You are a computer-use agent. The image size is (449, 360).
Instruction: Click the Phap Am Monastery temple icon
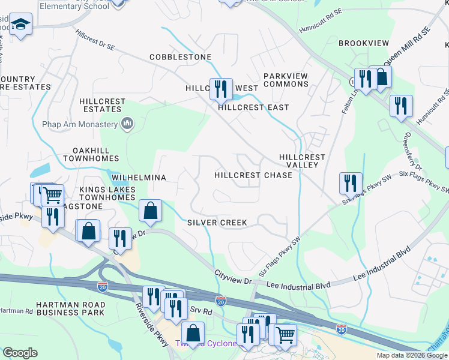click(x=127, y=124)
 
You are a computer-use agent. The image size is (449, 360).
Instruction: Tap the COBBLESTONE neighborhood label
click(x=180, y=57)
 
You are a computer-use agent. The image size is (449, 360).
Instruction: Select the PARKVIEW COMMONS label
click(x=286, y=80)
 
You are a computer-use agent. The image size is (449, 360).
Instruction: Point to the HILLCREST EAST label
click(x=253, y=107)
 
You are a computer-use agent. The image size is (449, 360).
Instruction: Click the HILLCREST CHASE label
click(x=253, y=175)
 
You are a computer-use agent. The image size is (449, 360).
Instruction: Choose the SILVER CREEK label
click(x=217, y=223)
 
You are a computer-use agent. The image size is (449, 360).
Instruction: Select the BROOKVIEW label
click(x=364, y=43)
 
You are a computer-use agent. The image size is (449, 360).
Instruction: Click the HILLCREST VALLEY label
click(x=303, y=161)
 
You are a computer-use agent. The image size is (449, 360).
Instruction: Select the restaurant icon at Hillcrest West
click(x=221, y=89)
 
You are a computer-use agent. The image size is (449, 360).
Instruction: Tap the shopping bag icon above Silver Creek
click(x=150, y=211)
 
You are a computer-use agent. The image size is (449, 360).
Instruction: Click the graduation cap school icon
click(x=21, y=25)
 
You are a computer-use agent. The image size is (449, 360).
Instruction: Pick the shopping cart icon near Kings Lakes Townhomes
click(x=53, y=195)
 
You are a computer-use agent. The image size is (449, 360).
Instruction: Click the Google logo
click(x=20, y=353)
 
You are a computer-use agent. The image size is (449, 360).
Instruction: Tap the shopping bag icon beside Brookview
click(x=381, y=76)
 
